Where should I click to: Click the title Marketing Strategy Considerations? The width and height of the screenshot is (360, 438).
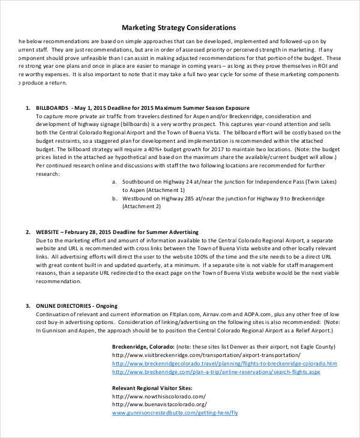179,28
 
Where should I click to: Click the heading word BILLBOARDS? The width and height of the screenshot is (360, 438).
52,107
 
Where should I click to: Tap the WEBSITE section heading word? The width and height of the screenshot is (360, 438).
47,232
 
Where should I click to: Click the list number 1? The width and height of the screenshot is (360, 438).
27,107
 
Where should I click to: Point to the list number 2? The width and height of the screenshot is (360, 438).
27,232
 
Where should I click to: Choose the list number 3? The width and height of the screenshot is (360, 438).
27,305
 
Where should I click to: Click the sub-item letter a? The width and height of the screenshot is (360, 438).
114,181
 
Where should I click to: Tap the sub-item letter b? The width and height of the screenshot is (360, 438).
114,197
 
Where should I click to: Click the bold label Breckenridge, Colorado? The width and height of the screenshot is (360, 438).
143,347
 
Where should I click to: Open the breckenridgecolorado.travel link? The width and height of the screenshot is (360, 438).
224,364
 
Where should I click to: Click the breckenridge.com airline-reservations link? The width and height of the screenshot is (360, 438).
216,372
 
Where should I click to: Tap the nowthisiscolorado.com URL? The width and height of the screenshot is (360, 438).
159,396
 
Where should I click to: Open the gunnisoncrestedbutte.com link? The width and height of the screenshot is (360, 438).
175,413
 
